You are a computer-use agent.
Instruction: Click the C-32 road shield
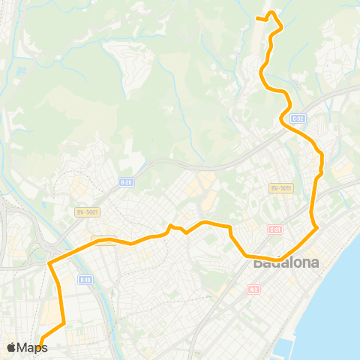click(x=298, y=118)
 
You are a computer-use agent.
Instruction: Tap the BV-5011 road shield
click(x=280, y=187)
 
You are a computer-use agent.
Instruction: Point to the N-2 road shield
click(x=254, y=289)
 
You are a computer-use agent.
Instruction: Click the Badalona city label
click(x=286, y=262)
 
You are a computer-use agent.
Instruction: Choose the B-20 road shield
click(x=126, y=181)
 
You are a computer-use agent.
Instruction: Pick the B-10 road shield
click(x=85, y=280)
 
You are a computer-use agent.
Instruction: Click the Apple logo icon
click(x=11, y=347)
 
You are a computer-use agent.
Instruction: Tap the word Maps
click(x=32, y=347)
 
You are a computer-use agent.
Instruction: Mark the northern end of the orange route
click(x=257, y=18)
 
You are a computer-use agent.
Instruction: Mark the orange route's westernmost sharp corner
click(x=50, y=263)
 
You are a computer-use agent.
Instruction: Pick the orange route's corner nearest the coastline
click(x=317, y=226)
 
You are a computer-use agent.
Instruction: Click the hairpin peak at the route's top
click(x=272, y=13)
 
